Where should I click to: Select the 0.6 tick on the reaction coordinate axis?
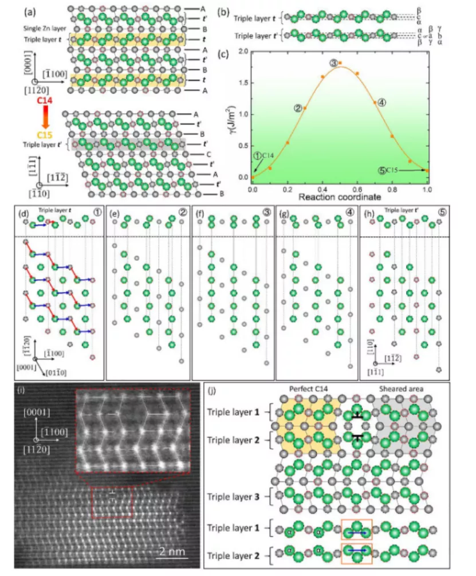(x=357, y=188)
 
